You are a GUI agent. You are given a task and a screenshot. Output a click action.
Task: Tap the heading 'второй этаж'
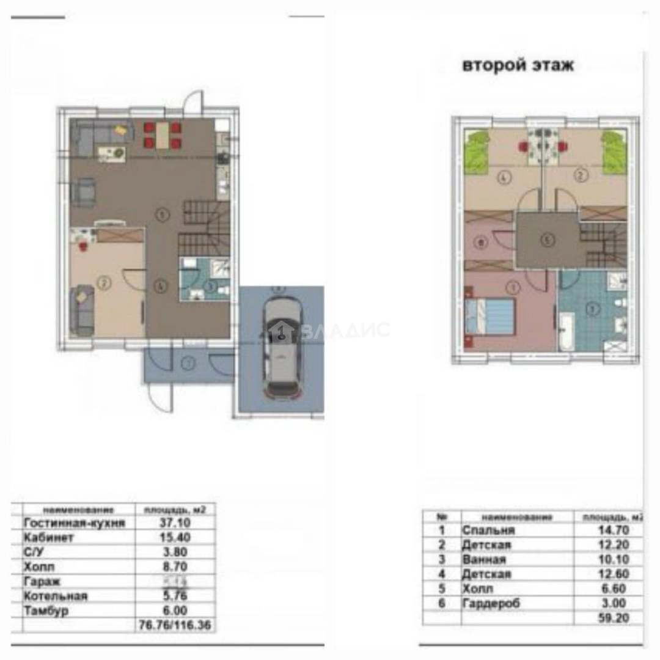click(x=518, y=65)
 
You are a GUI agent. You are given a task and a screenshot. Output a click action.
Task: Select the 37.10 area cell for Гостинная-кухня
click(x=175, y=523)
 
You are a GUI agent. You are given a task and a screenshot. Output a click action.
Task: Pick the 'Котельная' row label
click(x=56, y=596)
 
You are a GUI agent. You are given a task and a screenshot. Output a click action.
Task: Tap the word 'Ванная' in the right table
click(x=484, y=560)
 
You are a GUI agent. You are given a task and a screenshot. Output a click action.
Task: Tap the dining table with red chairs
click(x=163, y=136)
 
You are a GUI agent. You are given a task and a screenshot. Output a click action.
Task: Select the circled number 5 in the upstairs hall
click(x=547, y=240)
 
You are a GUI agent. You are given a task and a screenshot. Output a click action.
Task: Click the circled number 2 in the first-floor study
click(x=105, y=283)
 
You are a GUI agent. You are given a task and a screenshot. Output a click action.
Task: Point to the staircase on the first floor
click(x=205, y=229)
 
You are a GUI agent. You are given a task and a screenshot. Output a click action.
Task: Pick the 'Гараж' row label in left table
click(x=42, y=581)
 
